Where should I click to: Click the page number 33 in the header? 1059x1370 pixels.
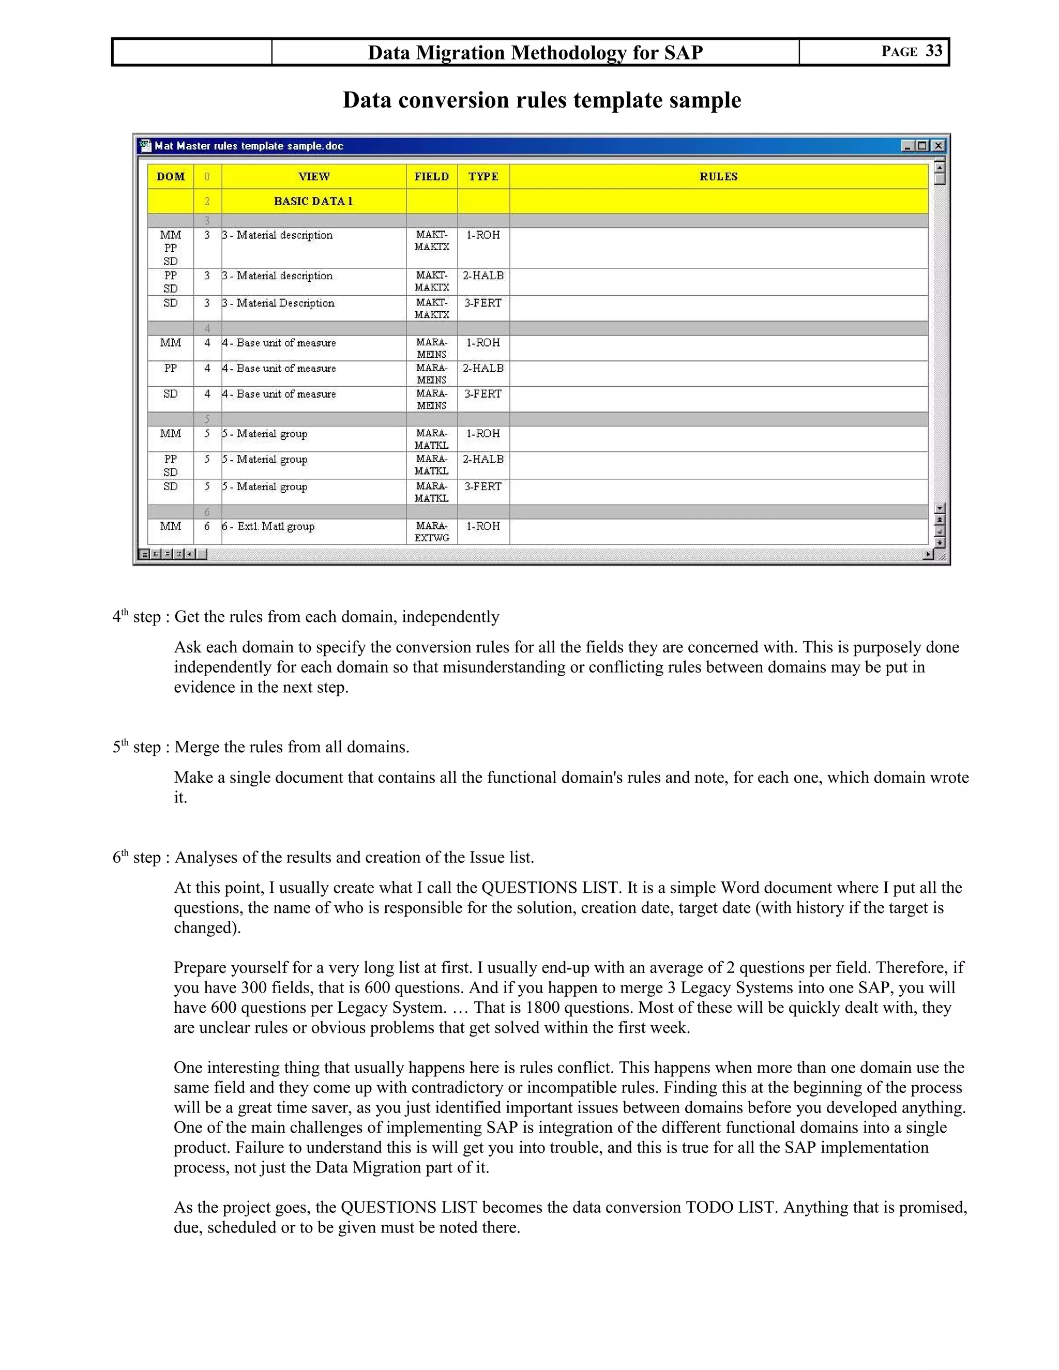[933, 51]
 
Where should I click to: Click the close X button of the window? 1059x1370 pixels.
[938, 146]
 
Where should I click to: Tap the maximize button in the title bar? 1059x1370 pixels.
[922, 146]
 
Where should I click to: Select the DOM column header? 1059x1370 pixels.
[170, 176]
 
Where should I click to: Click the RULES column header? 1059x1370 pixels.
[718, 176]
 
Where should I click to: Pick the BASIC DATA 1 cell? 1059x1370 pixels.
[313, 201]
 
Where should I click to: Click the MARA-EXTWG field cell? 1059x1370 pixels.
[432, 531]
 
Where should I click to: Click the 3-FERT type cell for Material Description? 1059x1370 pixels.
[482, 303]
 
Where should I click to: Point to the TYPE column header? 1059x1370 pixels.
[483, 176]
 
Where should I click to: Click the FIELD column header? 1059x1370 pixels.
[432, 176]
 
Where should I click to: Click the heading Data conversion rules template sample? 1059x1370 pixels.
[541, 100]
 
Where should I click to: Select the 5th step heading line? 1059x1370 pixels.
[261, 747]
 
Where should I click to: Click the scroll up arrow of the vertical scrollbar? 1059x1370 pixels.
[939, 167]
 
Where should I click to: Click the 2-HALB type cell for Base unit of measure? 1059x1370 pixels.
[482, 368]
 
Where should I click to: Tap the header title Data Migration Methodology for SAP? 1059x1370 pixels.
[535, 52]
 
